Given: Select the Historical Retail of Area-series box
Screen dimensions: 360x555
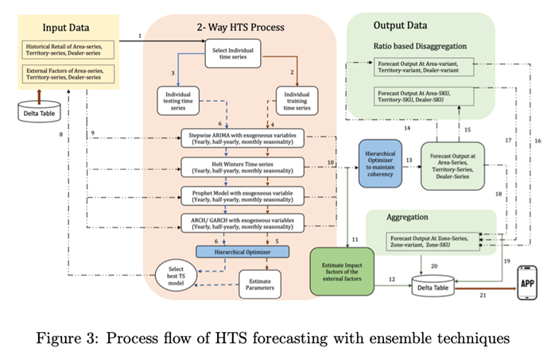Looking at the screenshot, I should tap(70, 50).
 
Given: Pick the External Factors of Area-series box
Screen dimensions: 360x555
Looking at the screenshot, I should tap(70, 75).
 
